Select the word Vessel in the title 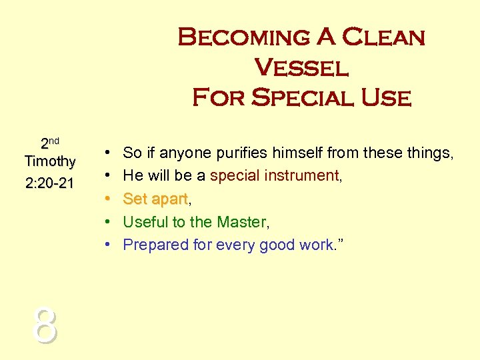tap(301, 68)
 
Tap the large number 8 tap(45, 327)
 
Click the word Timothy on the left tap(50, 161)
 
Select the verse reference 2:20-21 tap(50, 183)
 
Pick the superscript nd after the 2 tap(54, 141)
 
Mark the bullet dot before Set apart tap(107, 199)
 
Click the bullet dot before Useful tap(107, 222)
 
